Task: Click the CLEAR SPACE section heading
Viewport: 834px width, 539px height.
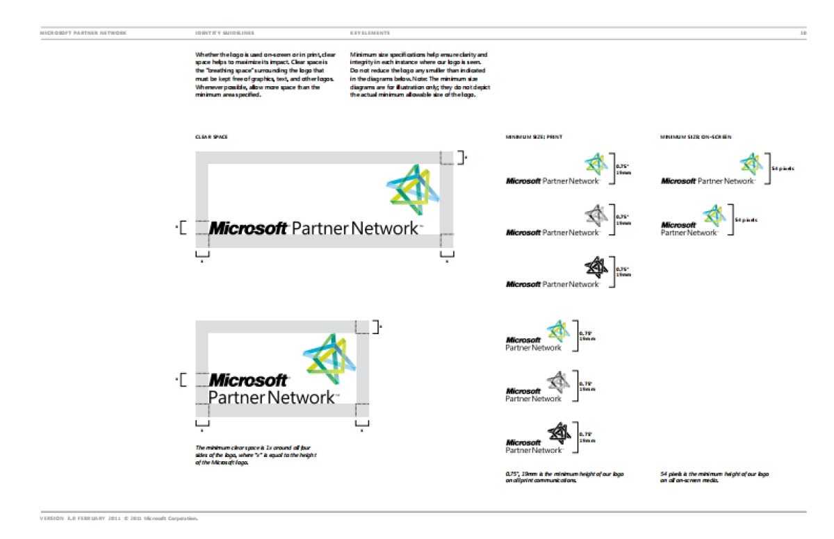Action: [x=211, y=138]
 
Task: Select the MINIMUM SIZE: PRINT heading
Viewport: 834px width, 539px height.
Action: [x=533, y=138]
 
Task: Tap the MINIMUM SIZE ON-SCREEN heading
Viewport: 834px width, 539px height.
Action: [x=695, y=138]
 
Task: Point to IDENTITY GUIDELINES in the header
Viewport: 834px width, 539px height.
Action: [x=224, y=33]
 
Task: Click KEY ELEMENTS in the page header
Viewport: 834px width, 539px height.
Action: [x=370, y=33]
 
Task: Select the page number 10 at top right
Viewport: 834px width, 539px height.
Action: [x=803, y=33]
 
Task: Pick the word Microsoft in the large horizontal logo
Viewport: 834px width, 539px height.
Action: [x=248, y=228]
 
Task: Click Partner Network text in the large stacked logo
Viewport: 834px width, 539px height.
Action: [x=271, y=398]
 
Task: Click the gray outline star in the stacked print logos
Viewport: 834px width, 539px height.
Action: [x=557, y=381]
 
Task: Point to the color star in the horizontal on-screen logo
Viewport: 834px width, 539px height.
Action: [x=750, y=163]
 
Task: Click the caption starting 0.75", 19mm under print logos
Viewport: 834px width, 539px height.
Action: [x=564, y=476]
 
